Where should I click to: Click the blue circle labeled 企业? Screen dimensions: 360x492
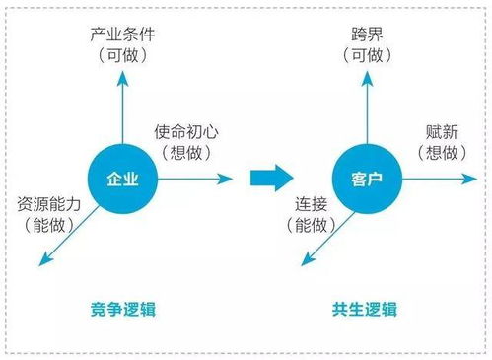pos(122,179)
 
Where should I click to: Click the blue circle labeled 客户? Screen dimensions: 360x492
pos(364,179)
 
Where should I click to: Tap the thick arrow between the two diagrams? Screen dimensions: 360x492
pos(269,179)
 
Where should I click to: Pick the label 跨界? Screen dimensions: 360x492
pos(365,35)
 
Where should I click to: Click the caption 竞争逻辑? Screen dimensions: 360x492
pos(122,310)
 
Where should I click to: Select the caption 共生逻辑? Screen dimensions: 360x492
pos(364,310)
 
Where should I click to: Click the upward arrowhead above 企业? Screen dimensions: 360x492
pos(122,80)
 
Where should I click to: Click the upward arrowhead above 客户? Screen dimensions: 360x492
pos(364,80)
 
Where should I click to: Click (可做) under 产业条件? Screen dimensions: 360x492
pos(122,56)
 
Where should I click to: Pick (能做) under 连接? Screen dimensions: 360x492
pos(312,225)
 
